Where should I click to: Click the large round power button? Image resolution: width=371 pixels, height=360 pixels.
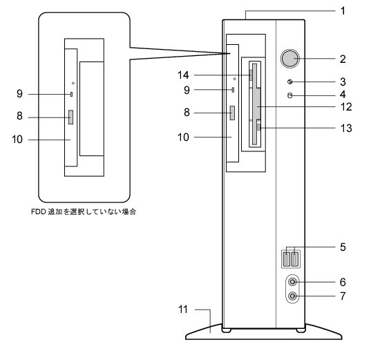pos(290,59)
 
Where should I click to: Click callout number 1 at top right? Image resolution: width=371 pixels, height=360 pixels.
pos(343,11)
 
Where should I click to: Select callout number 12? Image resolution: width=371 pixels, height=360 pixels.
pos(346,106)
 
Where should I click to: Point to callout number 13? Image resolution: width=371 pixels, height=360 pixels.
pos(346,128)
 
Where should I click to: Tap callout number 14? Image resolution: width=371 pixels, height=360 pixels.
pos(183,75)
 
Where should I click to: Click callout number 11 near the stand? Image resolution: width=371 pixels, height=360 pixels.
pos(183,310)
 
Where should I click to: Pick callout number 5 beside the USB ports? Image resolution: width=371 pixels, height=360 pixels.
pos(343,247)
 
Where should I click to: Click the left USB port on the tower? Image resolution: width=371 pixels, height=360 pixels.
pos(287,259)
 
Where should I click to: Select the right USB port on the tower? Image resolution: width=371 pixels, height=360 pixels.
pos(294,259)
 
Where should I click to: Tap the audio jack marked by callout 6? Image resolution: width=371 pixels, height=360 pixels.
pos(293,282)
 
